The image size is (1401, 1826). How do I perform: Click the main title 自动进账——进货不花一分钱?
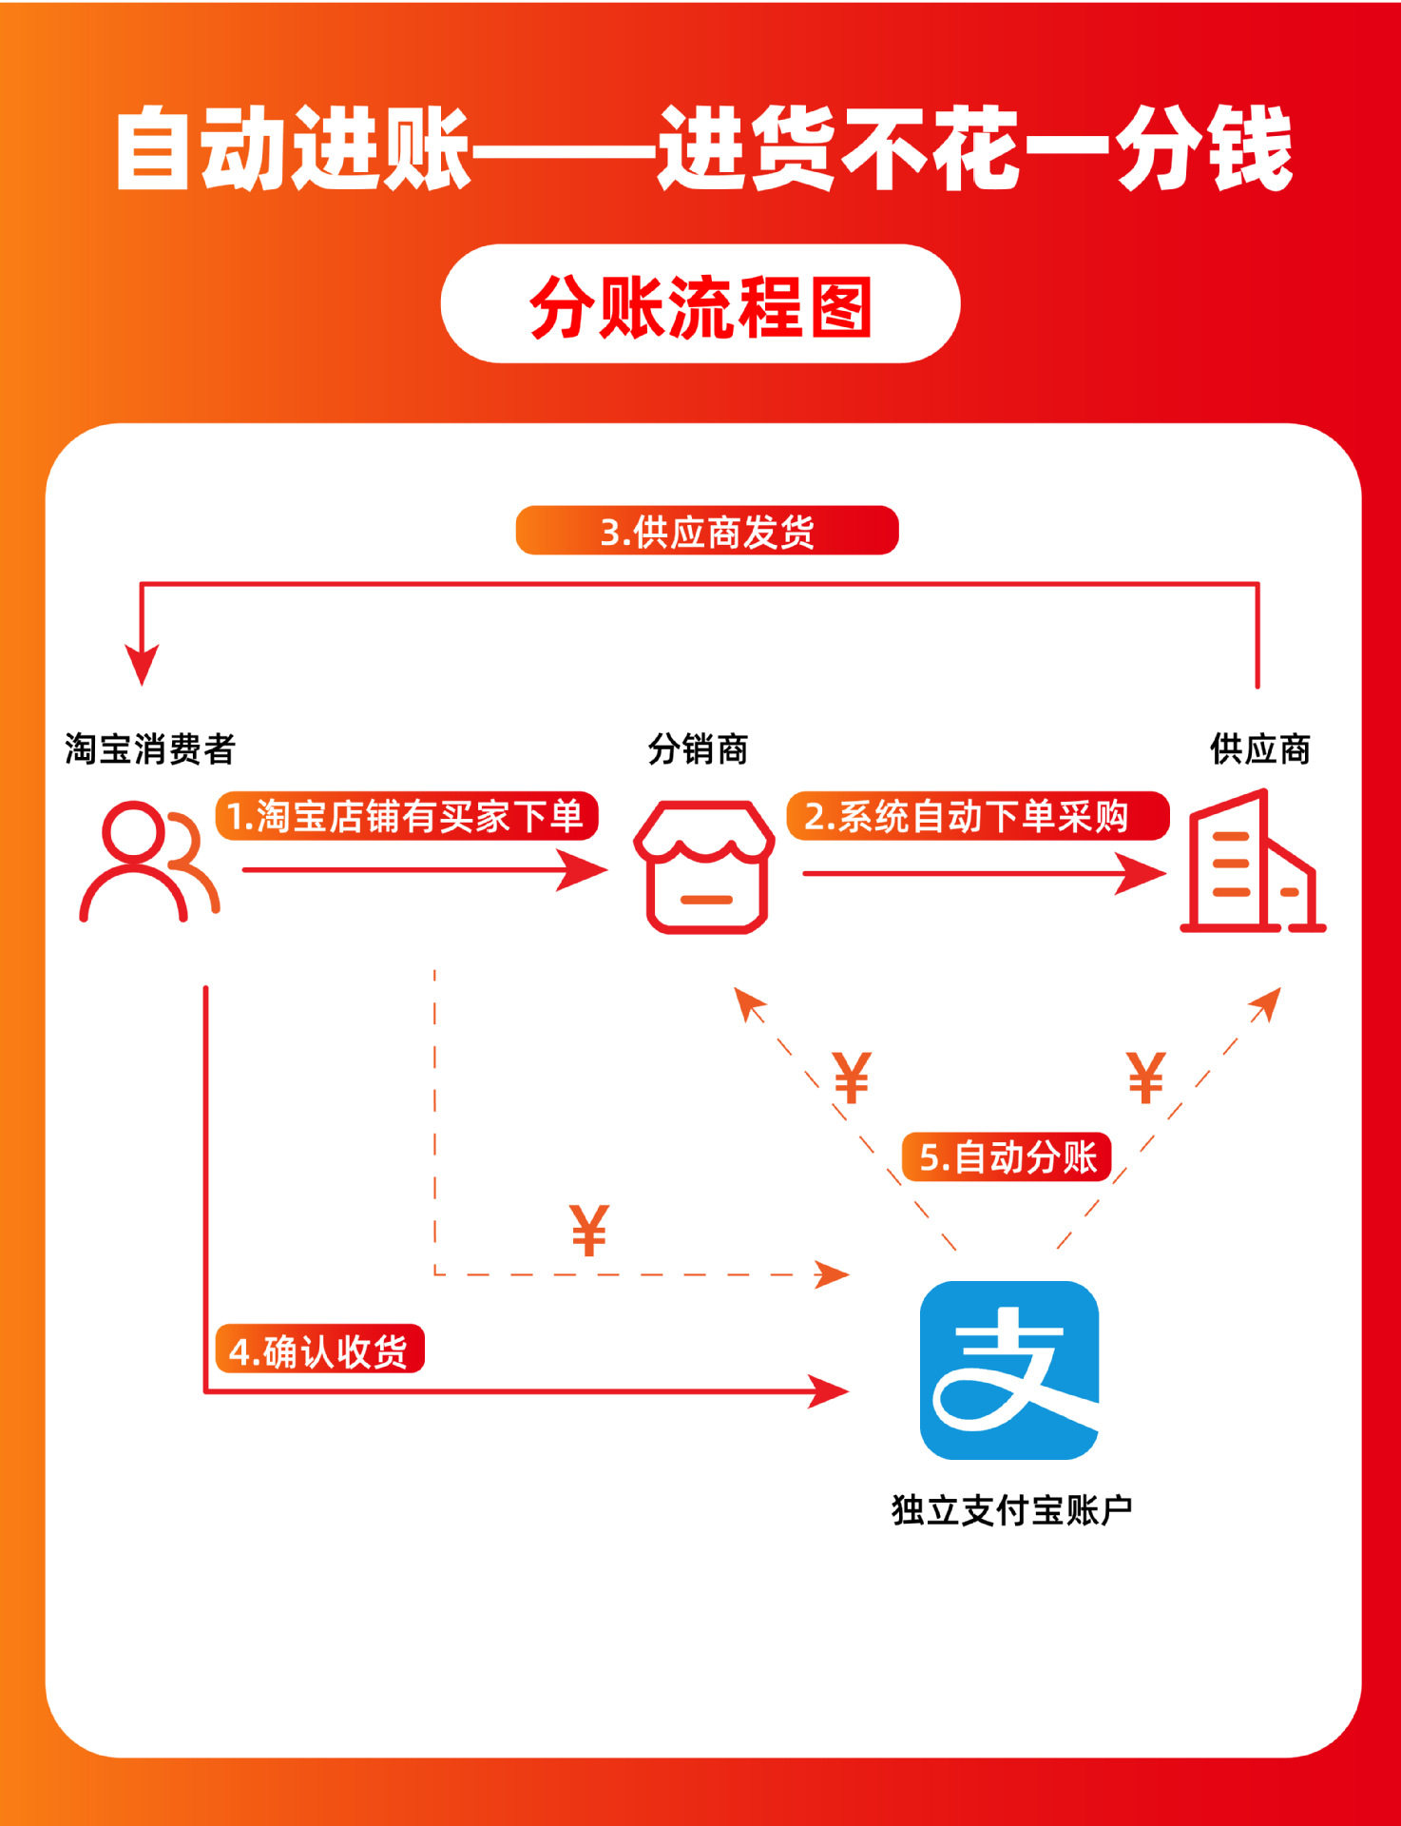click(702, 149)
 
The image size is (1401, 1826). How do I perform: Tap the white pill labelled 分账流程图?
click(700, 304)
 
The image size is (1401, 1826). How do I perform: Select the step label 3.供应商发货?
click(707, 531)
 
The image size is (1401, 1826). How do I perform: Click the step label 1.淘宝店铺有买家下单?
click(407, 816)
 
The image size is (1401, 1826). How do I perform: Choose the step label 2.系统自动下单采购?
click(977, 816)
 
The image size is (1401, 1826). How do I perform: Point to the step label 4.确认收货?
click(319, 1350)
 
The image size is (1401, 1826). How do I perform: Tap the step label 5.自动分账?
click(1007, 1157)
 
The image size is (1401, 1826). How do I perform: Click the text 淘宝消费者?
click(149, 749)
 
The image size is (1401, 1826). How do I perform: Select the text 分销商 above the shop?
click(698, 749)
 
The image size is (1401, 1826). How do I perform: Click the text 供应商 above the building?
click(1259, 749)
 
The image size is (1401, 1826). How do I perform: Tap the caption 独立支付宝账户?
click(1011, 1510)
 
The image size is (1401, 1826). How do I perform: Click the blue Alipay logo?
click(1009, 1369)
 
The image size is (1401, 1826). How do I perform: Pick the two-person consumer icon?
click(149, 862)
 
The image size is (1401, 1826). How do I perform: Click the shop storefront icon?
click(704, 866)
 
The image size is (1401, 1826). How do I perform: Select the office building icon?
click(1252, 862)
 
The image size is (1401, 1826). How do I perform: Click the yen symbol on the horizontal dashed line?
click(589, 1231)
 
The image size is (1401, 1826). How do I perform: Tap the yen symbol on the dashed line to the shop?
click(852, 1078)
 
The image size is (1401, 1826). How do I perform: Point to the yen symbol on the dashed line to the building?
click(1145, 1078)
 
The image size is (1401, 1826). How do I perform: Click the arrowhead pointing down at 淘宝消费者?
click(142, 663)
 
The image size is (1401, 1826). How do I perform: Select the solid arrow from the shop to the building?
click(984, 873)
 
